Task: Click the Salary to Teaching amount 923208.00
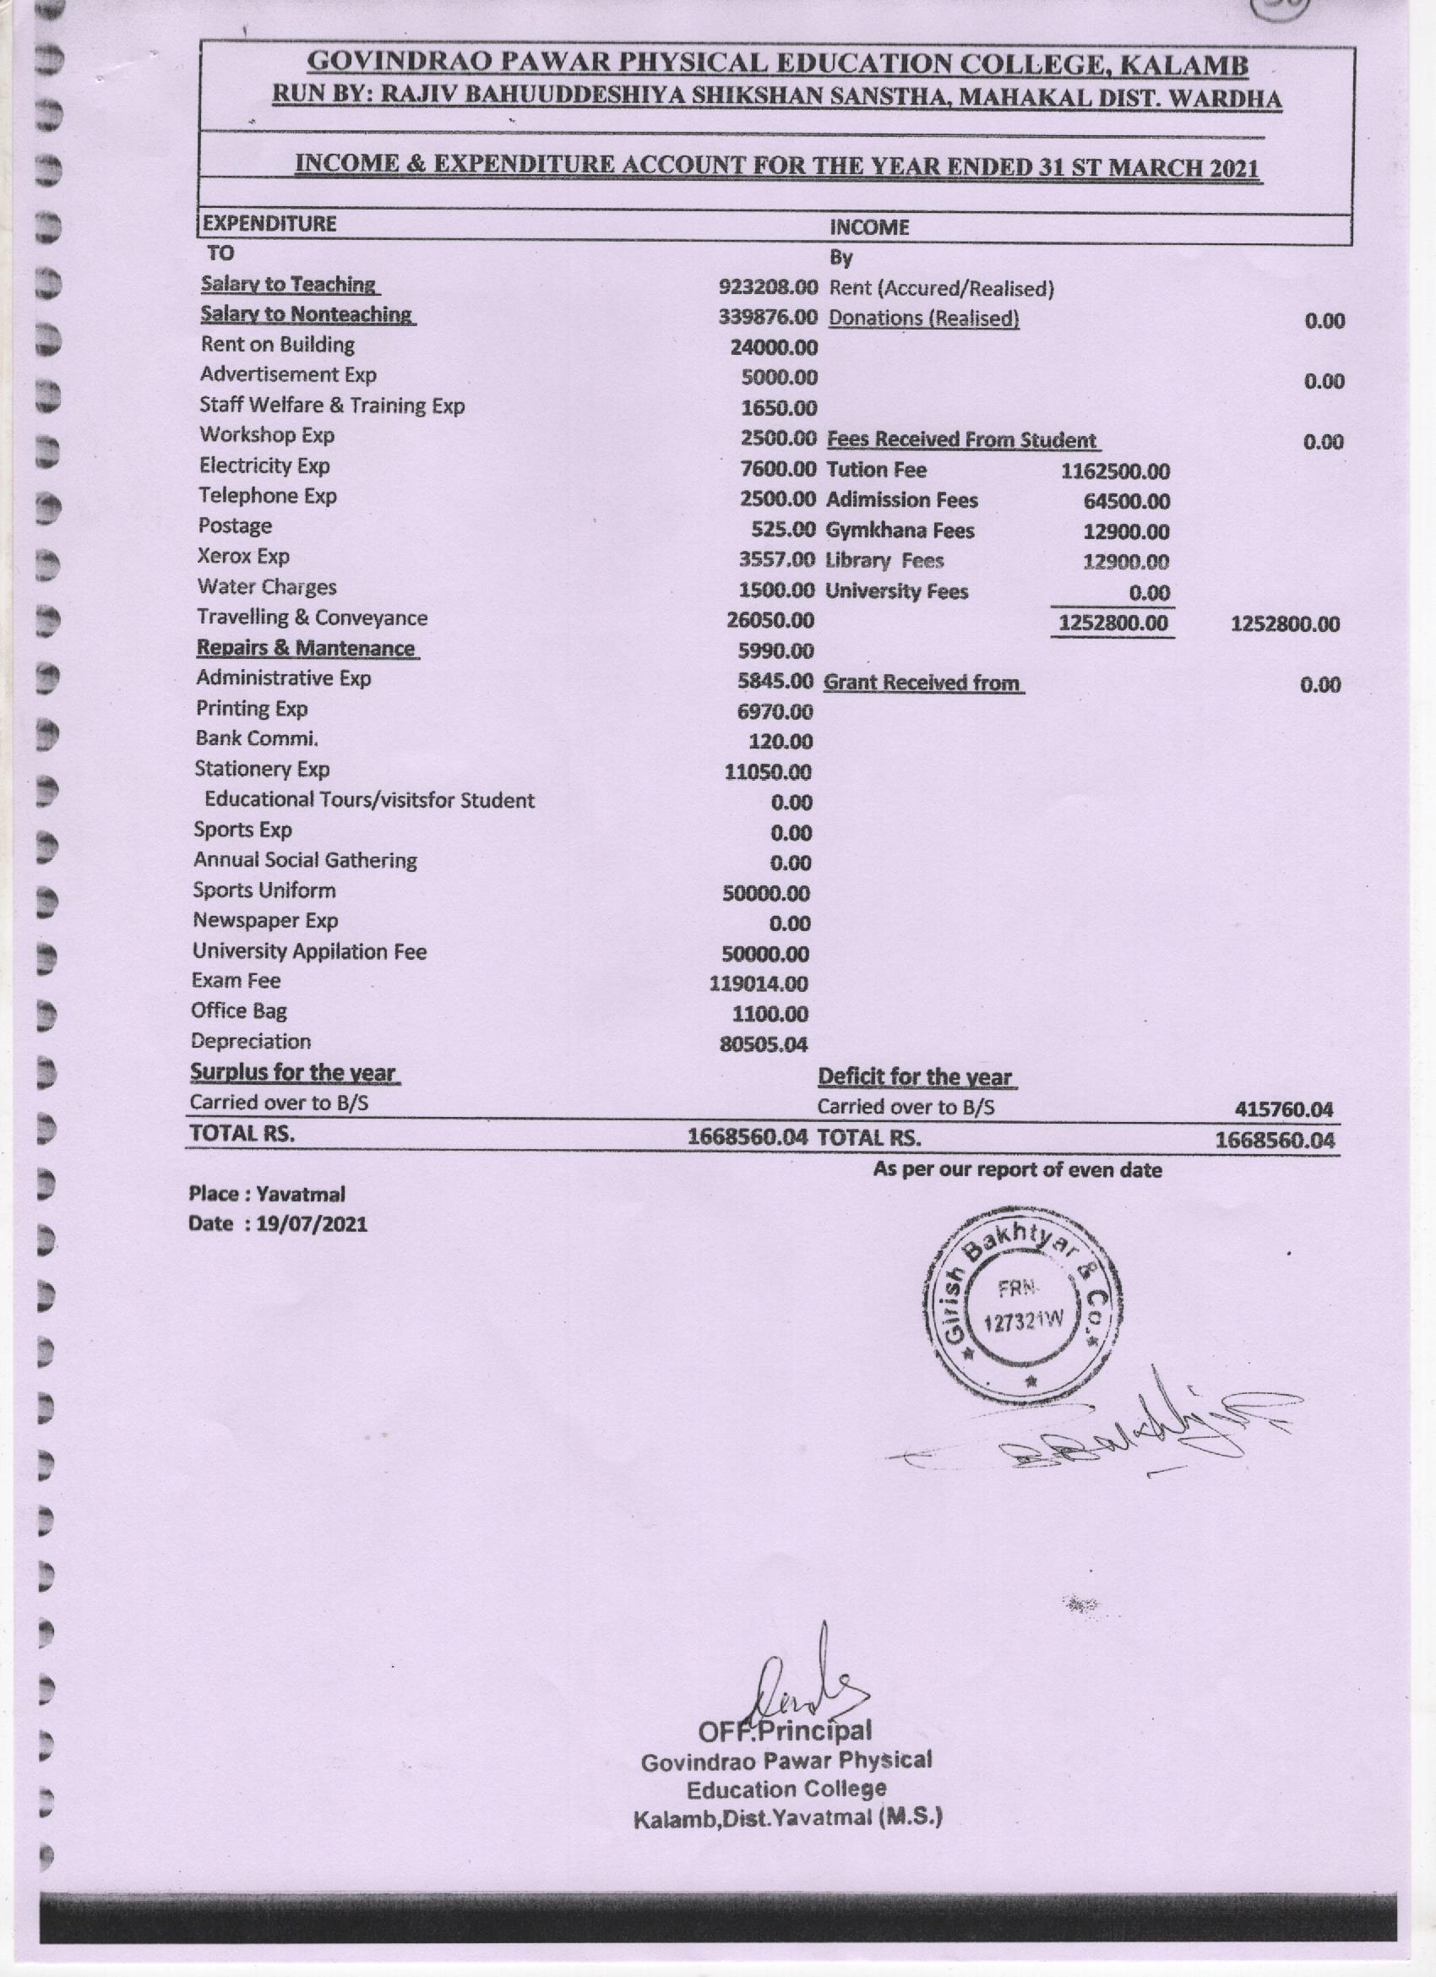click(x=768, y=286)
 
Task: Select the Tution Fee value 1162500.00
click(x=1114, y=471)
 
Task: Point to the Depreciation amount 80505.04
click(x=764, y=1044)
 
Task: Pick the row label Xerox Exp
click(x=243, y=556)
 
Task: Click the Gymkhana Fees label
click(x=900, y=530)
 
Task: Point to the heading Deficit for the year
click(x=915, y=1077)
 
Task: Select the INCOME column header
click(x=869, y=227)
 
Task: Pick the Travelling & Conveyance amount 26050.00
click(x=770, y=621)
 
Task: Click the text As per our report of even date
click(x=1017, y=1170)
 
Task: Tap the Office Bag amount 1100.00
click(x=770, y=1014)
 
